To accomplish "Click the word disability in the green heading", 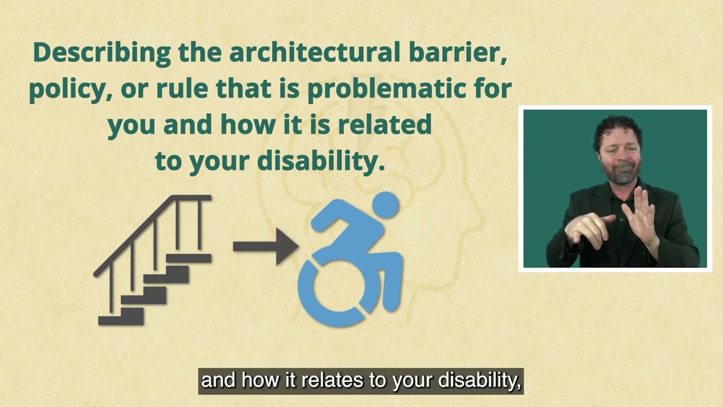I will (317, 162).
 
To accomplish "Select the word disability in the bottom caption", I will (480, 381).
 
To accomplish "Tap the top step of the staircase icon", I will (189, 258).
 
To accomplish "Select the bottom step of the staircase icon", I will (121, 320).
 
